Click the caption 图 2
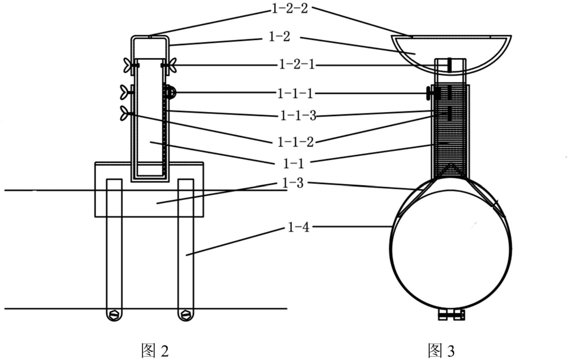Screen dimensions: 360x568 point(155,351)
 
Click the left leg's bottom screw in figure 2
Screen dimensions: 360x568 point(114,315)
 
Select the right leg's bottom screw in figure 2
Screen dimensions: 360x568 point(186,315)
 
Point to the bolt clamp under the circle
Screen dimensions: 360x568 point(450,315)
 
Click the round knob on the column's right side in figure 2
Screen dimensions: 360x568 point(169,92)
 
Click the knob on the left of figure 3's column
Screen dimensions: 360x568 point(431,93)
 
